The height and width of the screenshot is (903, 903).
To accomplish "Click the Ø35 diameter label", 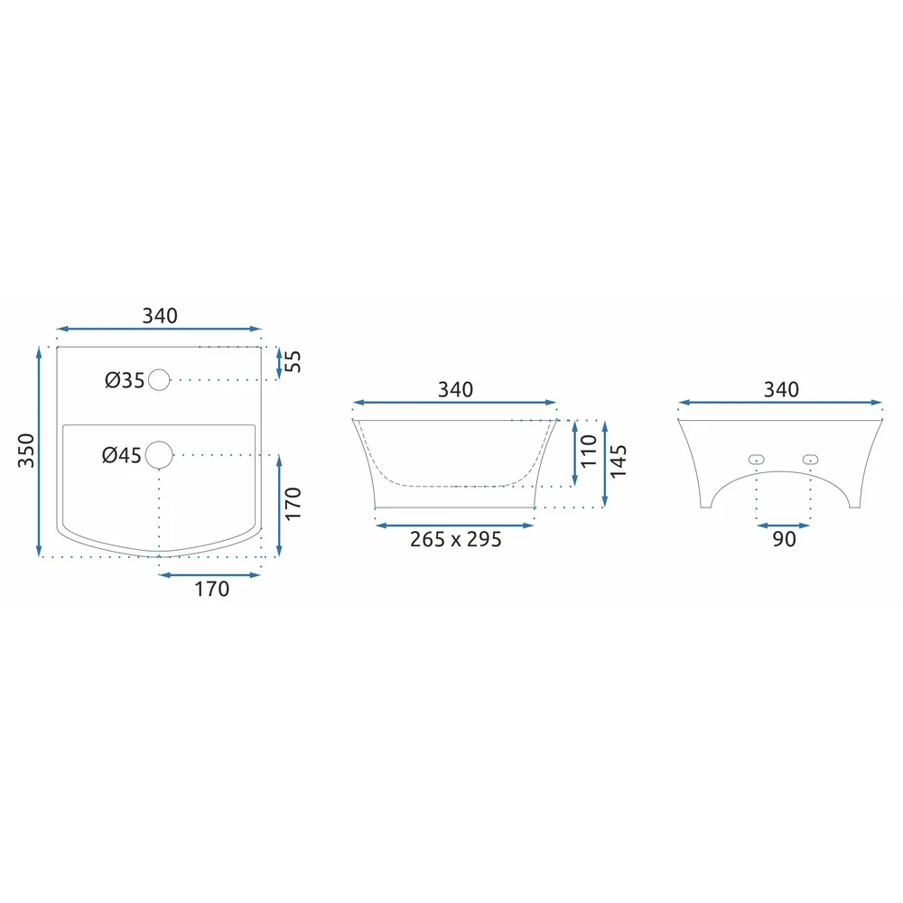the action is click(x=125, y=380).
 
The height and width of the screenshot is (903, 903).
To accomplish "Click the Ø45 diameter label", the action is click(x=122, y=455).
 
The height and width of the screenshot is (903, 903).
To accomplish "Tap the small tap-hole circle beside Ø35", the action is click(x=159, y=380).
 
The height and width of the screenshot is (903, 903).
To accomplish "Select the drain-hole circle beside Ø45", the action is click(x=159, y=455).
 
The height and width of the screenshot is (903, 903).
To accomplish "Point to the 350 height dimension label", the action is click(x=26, y=451).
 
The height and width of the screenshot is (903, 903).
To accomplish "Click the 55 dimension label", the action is click(x=293, y=361).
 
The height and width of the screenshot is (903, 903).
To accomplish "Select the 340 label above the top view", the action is click(x=160, y=315).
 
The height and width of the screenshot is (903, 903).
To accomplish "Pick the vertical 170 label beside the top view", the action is click(x=293, y=503).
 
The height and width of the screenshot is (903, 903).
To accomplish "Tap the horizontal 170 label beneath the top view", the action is click(x=212, y=589).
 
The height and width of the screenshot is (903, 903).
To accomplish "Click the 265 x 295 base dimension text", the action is click(x=455, y=540).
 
